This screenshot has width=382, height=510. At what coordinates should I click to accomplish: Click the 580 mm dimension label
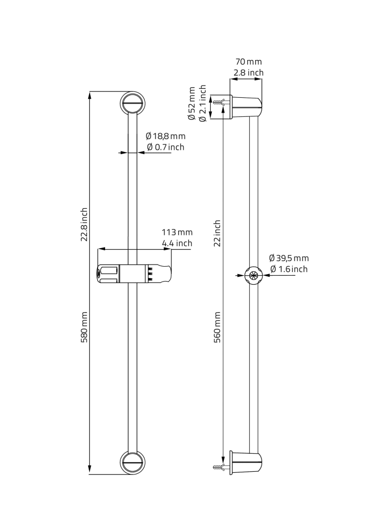coord(84,327)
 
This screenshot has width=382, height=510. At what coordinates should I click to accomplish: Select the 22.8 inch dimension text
coord(84,225)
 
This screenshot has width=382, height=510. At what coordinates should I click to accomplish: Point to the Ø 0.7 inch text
coord(166,147)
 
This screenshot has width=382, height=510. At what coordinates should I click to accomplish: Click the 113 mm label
coord(177,232)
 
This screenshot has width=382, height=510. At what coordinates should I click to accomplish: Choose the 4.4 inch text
coord(177,243)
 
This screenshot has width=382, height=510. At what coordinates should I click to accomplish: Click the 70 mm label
coord(248,62)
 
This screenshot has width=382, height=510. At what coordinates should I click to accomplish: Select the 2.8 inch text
coord(248,73)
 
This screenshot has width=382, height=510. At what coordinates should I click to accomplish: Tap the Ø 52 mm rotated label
coord(192,104)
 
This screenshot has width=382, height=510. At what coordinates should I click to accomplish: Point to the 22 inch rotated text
coord(218,233)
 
